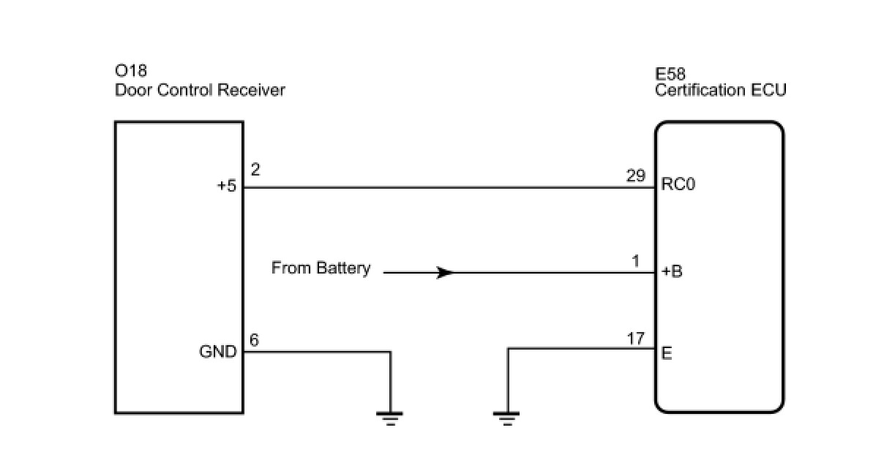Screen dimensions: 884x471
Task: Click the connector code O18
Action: (x=131, y=71)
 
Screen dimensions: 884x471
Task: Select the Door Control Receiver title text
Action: (x=200, y=91)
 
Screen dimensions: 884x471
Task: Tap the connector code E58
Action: (x=670, y=74)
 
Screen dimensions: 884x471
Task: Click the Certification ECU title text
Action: (x=720, y=91)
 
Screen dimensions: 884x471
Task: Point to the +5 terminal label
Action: (x=227, y=186)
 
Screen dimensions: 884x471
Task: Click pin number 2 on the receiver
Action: (x=255, y=170)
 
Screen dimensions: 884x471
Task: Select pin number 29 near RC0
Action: (x=636, y=176)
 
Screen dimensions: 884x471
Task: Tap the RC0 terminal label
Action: (x=678, y=184)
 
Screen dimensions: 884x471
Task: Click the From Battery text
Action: (x=321, y=268)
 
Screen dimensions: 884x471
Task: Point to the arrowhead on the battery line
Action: (x=445, y=273)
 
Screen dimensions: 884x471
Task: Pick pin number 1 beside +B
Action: (x=635, y=261)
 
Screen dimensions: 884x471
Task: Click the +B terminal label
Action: (x=672, y=271)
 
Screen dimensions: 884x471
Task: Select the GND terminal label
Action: (x=218, y=352)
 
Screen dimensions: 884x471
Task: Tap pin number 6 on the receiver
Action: (x=255, y=340)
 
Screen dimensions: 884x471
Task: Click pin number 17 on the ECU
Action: (x=635, y=339)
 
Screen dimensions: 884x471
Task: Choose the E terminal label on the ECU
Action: (x=667, y=353)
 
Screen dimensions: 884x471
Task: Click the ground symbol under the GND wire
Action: (x=390, y=418)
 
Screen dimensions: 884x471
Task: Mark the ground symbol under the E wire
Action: (x=506, y=418)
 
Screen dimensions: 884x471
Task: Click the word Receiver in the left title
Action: (x=252, y=91)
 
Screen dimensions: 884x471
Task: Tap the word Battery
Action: (x=343, y=268)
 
